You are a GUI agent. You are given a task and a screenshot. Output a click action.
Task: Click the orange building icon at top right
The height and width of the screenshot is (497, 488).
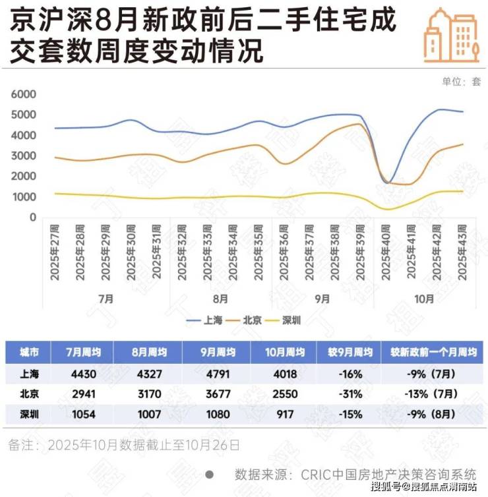click(452, 36)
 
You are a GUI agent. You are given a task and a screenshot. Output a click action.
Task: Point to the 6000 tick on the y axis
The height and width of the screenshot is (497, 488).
click(24, 94)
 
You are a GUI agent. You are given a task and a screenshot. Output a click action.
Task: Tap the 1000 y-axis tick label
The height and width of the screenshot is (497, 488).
click(24, 197)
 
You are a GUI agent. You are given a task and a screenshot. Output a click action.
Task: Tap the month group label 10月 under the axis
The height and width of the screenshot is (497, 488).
click(424, 298)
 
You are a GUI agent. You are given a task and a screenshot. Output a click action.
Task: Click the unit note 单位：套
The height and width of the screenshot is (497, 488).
click(462, 82)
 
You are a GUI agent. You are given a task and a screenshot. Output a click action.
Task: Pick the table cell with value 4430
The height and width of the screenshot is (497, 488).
click(82, 374)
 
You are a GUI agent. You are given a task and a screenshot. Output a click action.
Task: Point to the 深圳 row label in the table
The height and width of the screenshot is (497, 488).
click(30, 415)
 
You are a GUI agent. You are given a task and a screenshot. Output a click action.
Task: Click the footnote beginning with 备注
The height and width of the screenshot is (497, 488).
click(124, 445)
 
